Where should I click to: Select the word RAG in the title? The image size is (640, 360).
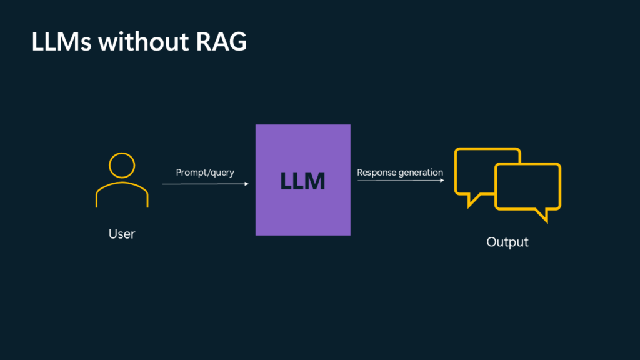point(220,42)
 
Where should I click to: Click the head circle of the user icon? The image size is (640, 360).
point(122,165)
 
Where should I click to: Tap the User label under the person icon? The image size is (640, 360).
point(122,234)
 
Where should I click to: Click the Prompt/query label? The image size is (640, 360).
point(205,172)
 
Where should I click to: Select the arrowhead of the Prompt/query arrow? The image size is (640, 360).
point(247,184)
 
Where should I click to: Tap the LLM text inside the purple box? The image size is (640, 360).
point(303,181)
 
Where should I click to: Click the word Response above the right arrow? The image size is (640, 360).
point(376,172)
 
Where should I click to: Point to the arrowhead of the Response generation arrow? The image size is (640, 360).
point(442,181)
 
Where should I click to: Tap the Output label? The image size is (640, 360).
point(507,242)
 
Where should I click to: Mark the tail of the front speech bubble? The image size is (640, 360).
point(542,216)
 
